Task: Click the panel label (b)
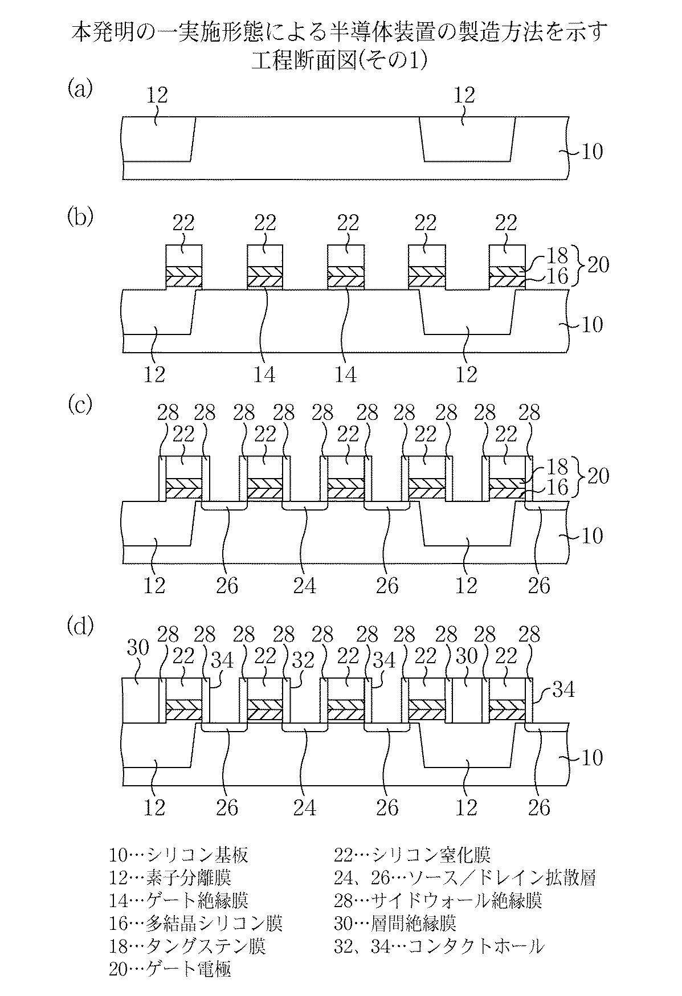(x=79, y=217)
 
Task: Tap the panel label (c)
(x=79, y=405)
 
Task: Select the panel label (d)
(x=79, y=626)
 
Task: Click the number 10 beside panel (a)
(x=593, y=152)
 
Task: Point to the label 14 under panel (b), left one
(x=264, y=375)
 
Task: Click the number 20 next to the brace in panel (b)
(x=598, y=266)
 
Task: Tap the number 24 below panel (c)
(x=304, y=586)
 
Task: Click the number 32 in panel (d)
(x=304, y=660)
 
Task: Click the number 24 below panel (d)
(x=304, y=807)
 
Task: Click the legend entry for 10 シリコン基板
(x=179, y=855)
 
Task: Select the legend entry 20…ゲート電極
(x=170, y=969)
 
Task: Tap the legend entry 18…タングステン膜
(x=187, y=946)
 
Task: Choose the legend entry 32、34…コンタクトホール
(x=439, y=946)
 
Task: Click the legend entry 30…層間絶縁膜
(x=395, y=923)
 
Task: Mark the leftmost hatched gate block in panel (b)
(x=183, y=277)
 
